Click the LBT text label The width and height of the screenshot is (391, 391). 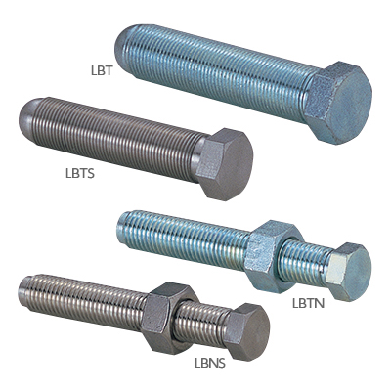tap(102, 71)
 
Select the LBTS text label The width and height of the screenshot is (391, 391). tap(80, 173)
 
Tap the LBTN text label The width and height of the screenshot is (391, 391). tap(308, 303)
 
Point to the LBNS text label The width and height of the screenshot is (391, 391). tap(210, 363)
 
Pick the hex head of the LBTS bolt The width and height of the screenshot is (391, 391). tap(225, 164)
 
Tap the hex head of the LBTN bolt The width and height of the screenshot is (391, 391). tap(349, 272)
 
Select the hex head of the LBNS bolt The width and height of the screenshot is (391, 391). tap(247, 331)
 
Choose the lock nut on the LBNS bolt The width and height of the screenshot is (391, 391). tap(169, 318)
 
